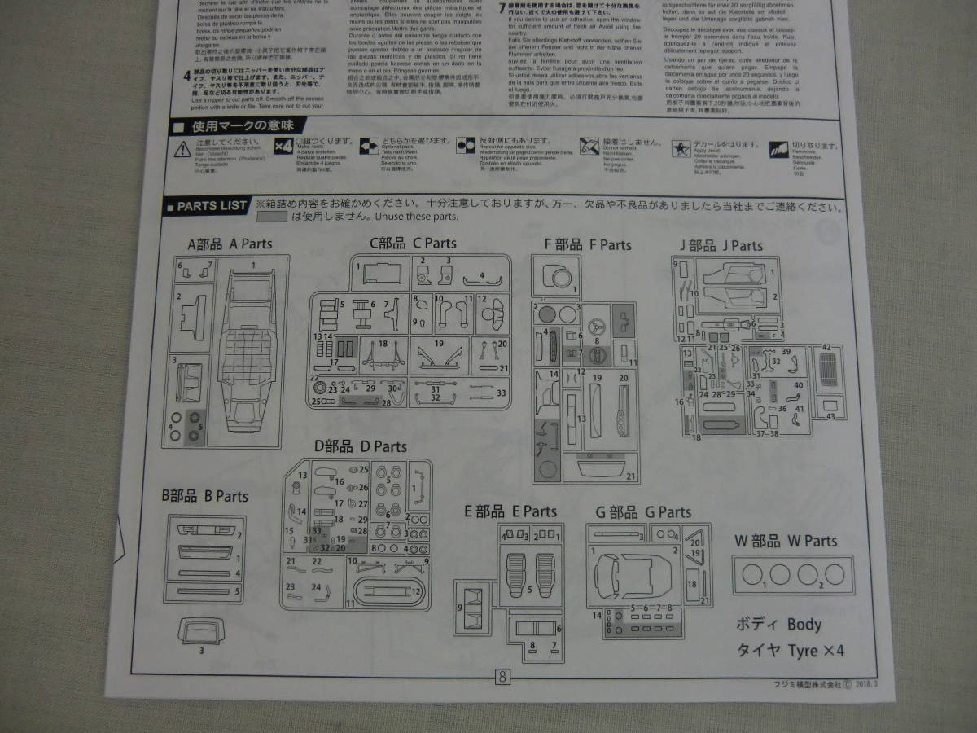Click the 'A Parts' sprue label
point(230,244)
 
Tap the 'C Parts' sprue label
point(413,243)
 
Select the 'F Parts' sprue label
point(588,244)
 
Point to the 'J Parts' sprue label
point(721,245)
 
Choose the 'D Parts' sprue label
point(360,446)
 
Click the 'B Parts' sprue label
point(204,496)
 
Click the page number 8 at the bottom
point(502,676)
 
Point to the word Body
point(804,625)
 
